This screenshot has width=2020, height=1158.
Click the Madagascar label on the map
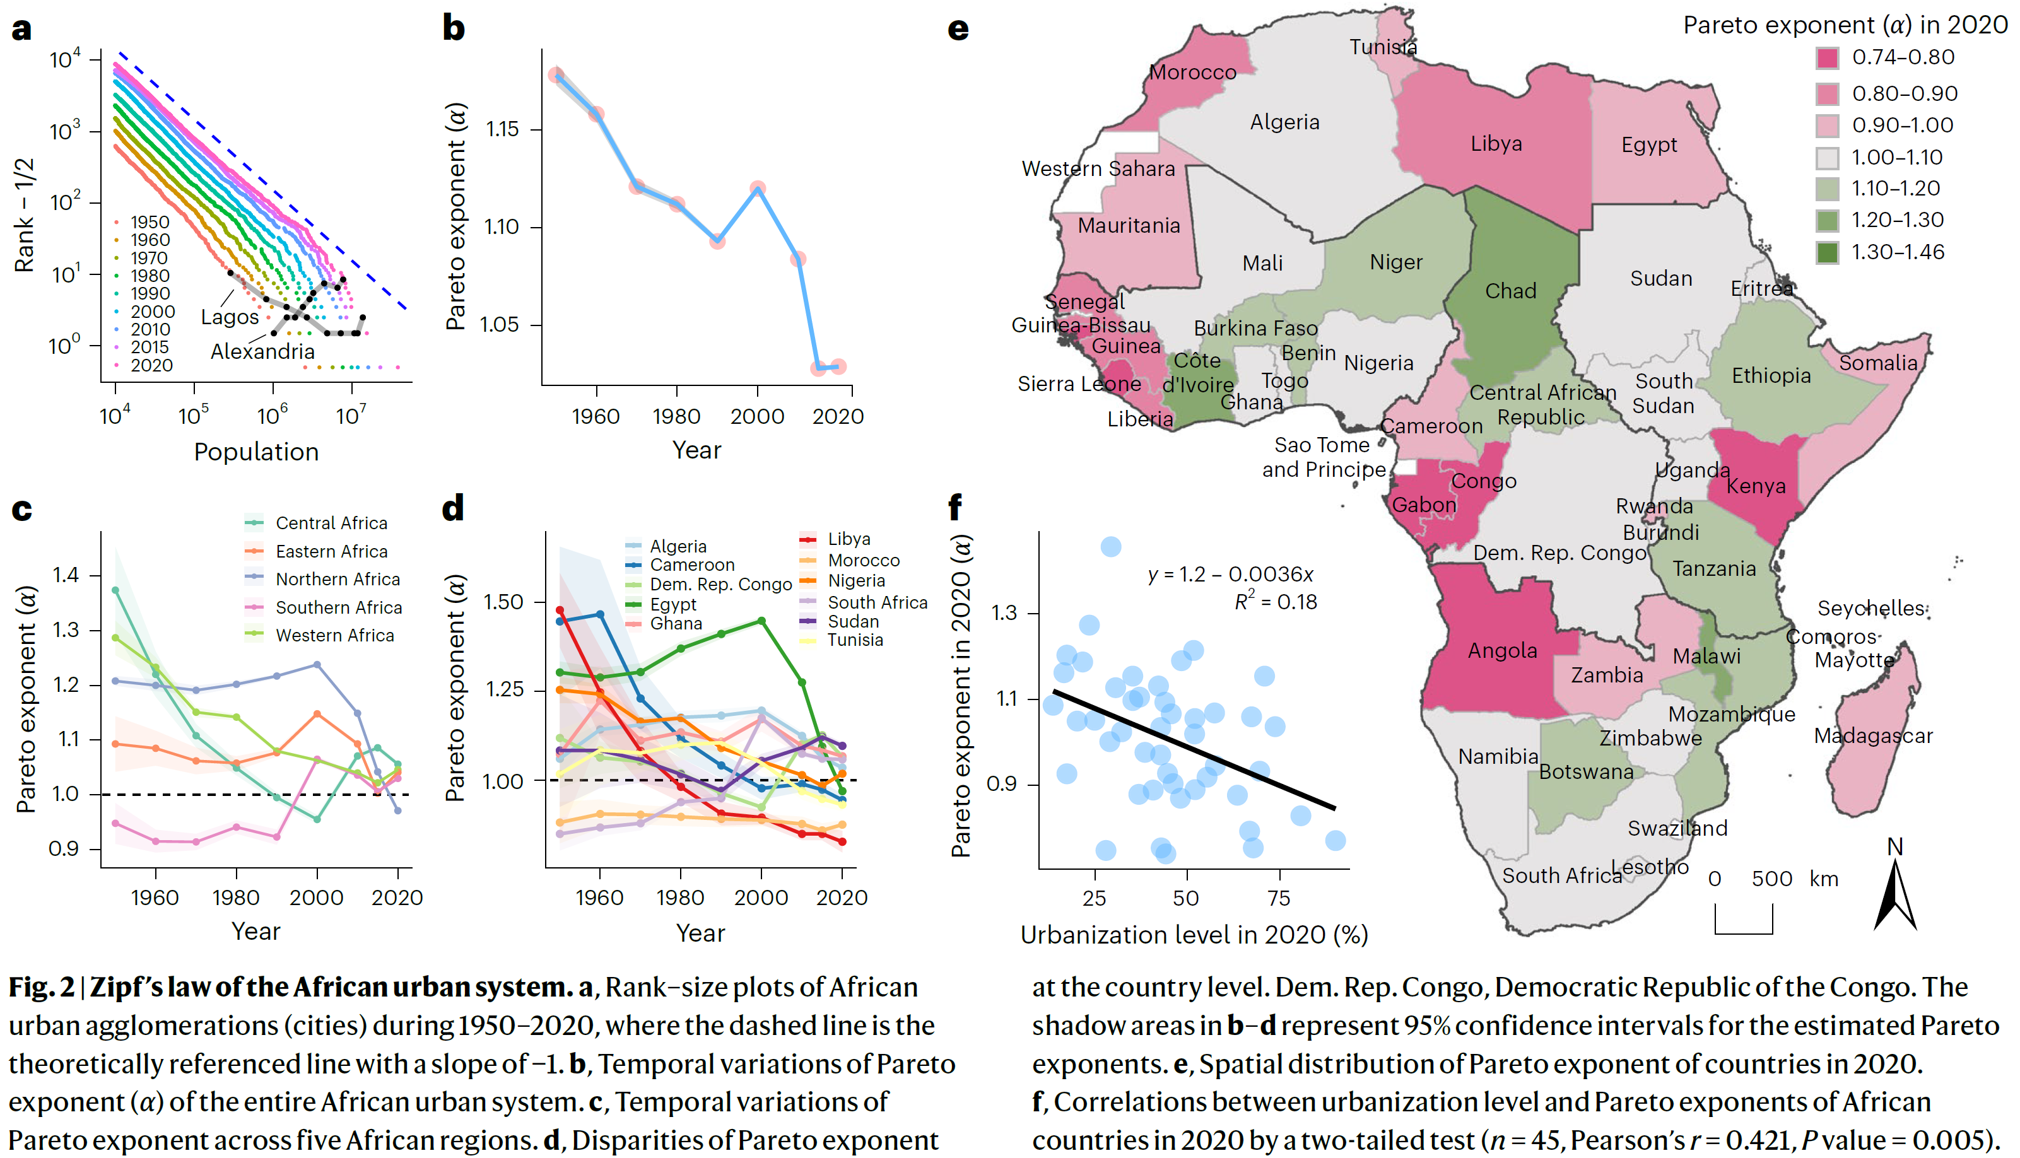(1872, 735)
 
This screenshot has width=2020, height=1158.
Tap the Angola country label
(1501, 650)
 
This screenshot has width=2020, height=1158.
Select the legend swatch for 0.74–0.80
(1827, 58)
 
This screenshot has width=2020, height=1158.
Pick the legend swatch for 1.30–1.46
(1827, 252)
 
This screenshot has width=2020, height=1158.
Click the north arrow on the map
(1895, 895)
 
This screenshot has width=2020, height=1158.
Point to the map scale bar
(1743, 920)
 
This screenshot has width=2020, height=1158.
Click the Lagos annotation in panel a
(230, 317)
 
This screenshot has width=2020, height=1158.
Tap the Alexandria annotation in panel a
(262, 351)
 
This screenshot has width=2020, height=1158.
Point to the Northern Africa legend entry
(338, 579)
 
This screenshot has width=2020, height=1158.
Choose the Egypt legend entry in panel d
(672, 604)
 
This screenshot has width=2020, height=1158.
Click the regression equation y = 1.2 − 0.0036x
(1230, 574)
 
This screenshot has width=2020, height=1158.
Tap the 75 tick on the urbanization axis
(1278, 898)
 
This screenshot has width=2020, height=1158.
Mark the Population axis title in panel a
(256, 452)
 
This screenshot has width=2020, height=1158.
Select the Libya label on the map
(1496, 144)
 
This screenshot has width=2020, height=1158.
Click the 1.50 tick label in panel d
(503, 602)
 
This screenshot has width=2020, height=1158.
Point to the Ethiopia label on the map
(1770, 375)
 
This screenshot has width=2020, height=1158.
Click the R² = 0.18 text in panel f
(1275, 601)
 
